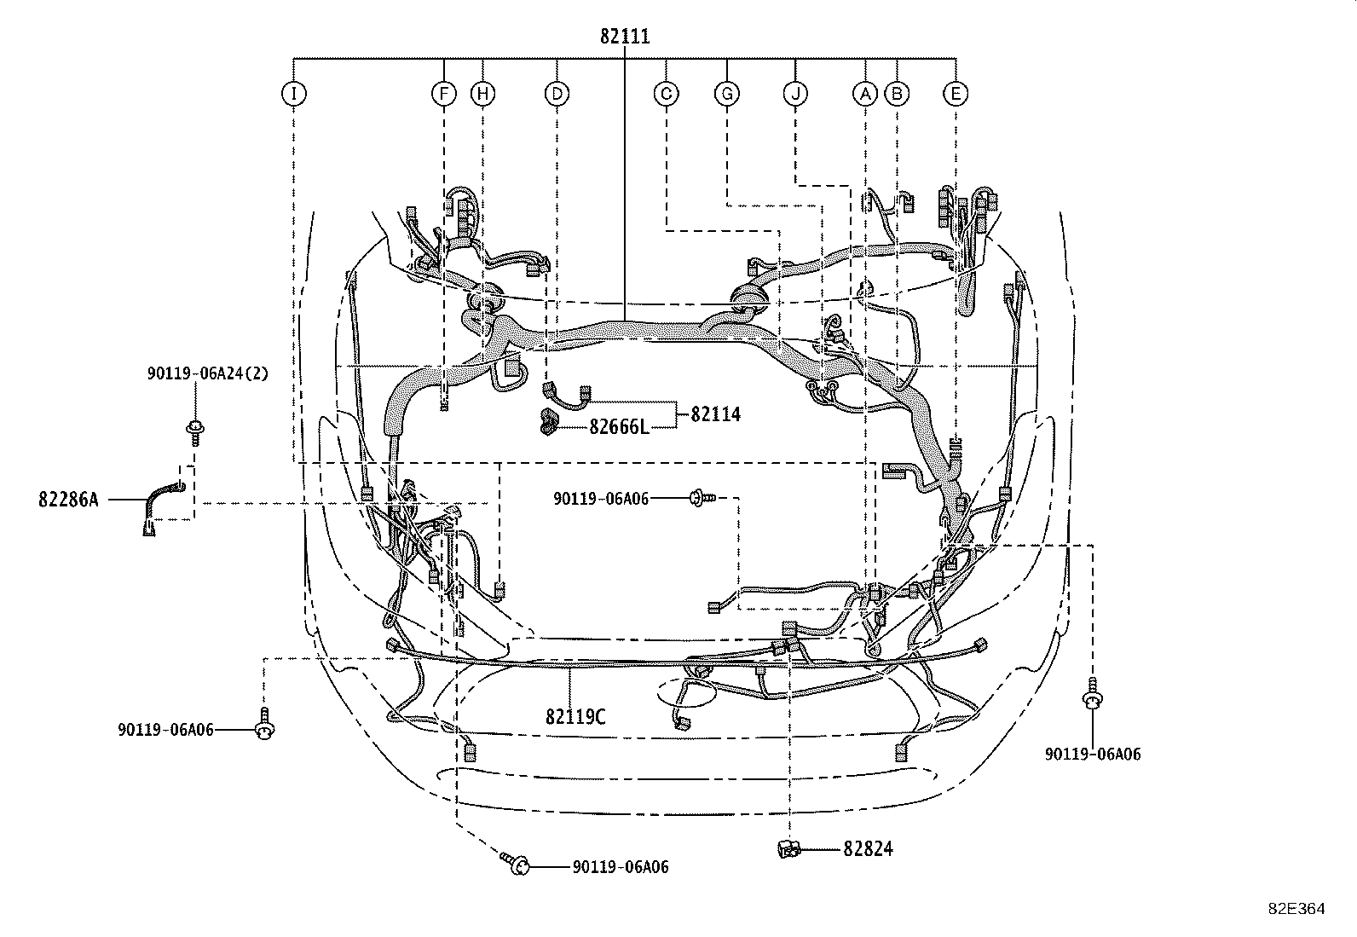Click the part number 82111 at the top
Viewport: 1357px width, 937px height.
[x=625, y=37]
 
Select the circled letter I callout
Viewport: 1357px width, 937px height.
[x=294, y=94]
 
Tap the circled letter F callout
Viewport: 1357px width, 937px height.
[x=443, y=94]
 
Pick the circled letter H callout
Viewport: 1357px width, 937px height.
[x=482, y=94]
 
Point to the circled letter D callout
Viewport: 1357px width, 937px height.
[x=557, y=94]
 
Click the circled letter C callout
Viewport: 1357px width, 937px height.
[x=667, y=94]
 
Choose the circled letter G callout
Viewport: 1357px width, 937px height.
[x=727, y=94]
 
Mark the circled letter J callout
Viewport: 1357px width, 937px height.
[x=795, y=94]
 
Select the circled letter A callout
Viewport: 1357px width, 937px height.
[x=865, y=94]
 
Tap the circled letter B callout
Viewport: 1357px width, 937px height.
[x=897, y=94]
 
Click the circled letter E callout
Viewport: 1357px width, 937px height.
[x=956, y=94]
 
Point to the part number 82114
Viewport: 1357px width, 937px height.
[x=715, y=414]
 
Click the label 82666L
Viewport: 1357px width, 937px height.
[x=619, y=427]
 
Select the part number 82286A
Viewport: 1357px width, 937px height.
[x=68, y=500]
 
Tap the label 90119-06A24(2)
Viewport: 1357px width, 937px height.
[x=207, y=373]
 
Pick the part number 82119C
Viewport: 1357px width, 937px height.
[x=575, y=717]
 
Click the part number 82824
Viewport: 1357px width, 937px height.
[x=868, y=849]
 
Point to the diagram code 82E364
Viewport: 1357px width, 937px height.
[x=1296, y=909]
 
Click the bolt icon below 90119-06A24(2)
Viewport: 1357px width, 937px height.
[x=194, y=431]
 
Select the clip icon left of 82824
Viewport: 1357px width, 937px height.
[x=788, y=849]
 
